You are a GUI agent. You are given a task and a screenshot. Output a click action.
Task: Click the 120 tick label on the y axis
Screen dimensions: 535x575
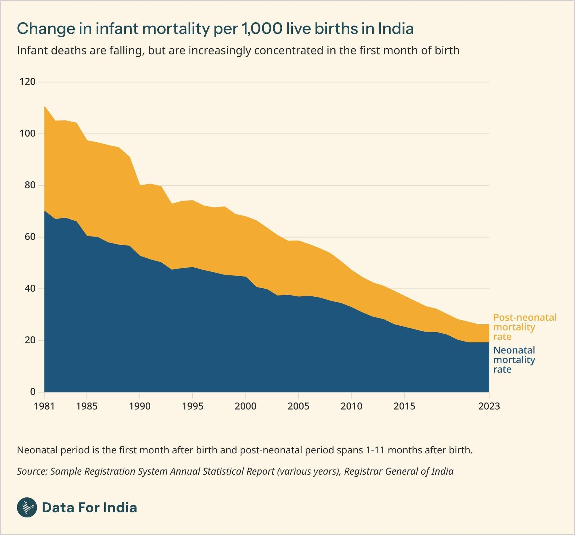[x=27, y=82]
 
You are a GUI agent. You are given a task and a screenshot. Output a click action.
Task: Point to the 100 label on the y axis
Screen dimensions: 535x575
[x=27, y=134]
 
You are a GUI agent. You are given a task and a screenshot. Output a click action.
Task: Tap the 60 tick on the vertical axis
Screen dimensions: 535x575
[x=30, y=237]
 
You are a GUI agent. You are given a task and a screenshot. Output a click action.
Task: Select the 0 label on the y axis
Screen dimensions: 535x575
[x=32, y=392]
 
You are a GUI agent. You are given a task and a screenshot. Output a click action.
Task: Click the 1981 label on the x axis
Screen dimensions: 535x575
[x=44, y=406]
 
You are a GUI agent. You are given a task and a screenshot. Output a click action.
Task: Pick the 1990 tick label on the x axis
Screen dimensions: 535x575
[x=140, y=406]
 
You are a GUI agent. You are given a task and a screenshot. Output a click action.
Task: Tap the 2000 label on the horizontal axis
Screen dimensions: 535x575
[x=245, y=406]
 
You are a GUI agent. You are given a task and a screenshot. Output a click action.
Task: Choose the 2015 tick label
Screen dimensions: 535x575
[x=404, y=406]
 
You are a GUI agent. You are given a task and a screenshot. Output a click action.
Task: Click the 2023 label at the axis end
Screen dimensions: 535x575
[x=489, y=406]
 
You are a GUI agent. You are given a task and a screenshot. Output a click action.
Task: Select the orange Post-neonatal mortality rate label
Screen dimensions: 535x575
[x=524, y=327]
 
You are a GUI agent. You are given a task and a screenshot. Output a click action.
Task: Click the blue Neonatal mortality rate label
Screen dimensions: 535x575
[x=514, y=360]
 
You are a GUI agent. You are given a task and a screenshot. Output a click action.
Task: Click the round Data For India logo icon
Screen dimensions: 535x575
[x=27, y=507]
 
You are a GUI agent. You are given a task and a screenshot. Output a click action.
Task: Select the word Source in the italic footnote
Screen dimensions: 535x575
[x=32, y=471]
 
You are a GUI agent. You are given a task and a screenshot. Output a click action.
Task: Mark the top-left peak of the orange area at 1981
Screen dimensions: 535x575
[x=45, y=107]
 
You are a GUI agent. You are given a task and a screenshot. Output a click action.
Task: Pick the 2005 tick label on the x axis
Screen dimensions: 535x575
[x=298, y=406]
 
